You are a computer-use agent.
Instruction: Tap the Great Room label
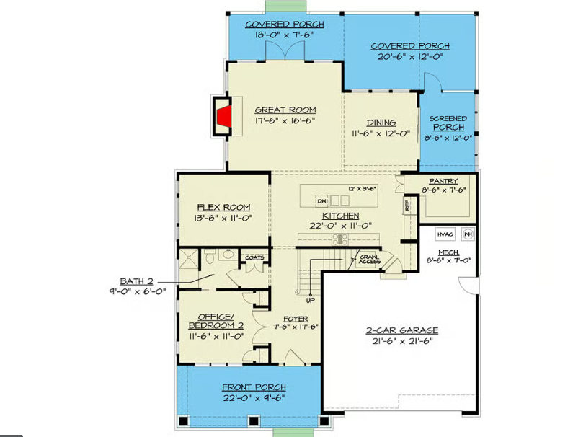(285, 110)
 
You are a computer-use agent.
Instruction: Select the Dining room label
(381, 123)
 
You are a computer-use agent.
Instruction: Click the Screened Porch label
(448, 123)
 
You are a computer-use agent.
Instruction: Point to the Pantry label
(443, 181)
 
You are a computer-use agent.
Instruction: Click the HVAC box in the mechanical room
(445, 234)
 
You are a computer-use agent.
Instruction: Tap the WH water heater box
(468, 234)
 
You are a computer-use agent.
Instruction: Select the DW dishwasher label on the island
(322, 201)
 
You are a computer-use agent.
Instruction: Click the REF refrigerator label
(407, 205)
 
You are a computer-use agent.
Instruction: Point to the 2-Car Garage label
(401, 330)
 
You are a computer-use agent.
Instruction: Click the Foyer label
(296, 317)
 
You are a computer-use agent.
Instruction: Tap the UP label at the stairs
(311, 300)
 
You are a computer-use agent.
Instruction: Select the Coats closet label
(254, 257)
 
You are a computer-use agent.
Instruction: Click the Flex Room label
(221, 208)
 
